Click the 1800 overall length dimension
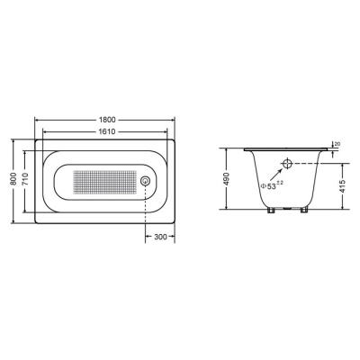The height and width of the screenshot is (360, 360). point(107,120)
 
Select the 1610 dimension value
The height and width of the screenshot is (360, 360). point(107,131)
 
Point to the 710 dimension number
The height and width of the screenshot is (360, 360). point(25,179)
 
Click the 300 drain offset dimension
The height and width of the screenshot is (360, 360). point(160,237)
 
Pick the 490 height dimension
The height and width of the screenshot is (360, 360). point(227,179)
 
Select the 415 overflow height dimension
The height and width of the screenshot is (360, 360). point(343,186)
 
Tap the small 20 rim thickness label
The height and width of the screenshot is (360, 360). point(337,144)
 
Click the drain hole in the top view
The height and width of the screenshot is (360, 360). point(146,181)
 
